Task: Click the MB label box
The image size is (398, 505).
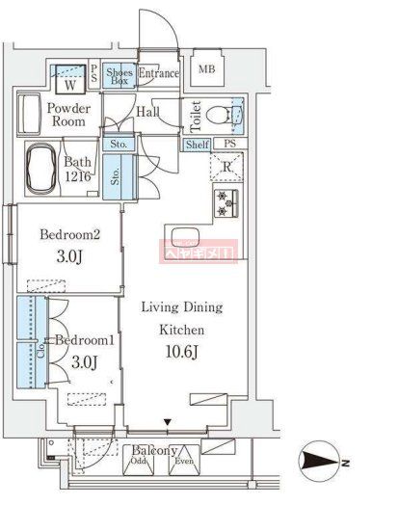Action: point(206,70)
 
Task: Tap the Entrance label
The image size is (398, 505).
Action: point(158,73)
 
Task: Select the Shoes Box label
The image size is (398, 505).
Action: point(119,76)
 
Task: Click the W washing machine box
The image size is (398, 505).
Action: point(70,78)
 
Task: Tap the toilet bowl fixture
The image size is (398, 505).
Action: point(223,117)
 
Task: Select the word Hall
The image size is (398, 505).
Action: point(147,113)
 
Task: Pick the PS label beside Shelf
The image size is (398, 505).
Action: point(229,146)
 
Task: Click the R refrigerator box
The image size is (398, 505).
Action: point(226,170)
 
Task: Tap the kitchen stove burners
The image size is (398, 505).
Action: point(226,201)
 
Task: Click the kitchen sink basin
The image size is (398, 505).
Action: point(185,239)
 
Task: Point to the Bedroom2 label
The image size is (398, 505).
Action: point(68,234)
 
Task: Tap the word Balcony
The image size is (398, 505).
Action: point(154,450)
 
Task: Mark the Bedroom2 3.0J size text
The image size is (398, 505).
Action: point(68,257)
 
